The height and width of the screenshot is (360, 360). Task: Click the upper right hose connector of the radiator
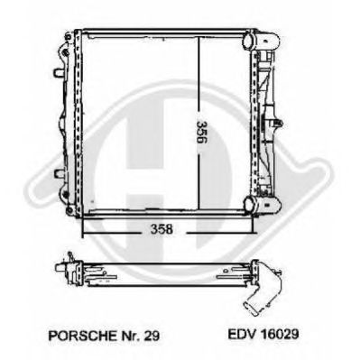[261, 40]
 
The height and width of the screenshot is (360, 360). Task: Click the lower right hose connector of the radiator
[262, 205]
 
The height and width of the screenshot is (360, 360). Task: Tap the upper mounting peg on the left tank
[59, 72]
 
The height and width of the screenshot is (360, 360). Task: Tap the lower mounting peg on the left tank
[59, 173]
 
